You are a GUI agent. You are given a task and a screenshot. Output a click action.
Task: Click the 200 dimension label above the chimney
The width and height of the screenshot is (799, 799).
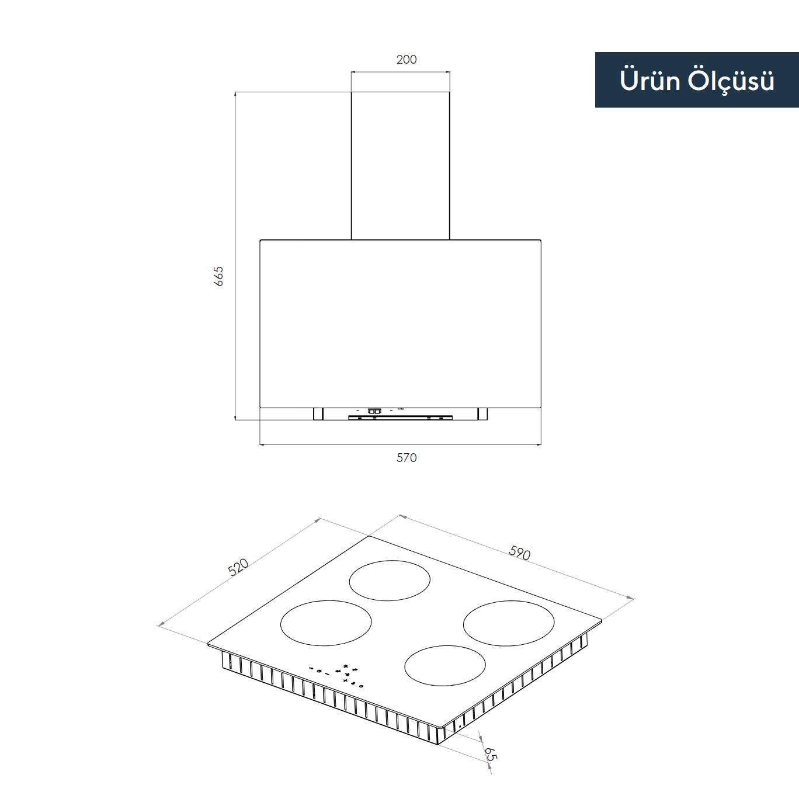point(407,60)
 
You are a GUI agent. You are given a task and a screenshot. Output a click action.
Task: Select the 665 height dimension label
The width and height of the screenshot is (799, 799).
point(218,276)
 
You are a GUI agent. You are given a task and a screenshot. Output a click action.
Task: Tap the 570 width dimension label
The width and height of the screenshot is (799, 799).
point(407,458)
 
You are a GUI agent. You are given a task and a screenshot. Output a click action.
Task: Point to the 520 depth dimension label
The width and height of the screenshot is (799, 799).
point(238,567)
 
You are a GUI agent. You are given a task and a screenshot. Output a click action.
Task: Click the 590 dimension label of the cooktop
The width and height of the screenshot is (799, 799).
point(520,553)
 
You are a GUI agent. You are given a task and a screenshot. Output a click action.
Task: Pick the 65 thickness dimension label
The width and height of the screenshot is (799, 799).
point(490,754)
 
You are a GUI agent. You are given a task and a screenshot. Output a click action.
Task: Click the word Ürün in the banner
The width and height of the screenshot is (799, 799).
point(649,79)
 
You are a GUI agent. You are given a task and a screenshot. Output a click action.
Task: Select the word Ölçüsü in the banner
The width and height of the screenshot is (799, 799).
point(731,81)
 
